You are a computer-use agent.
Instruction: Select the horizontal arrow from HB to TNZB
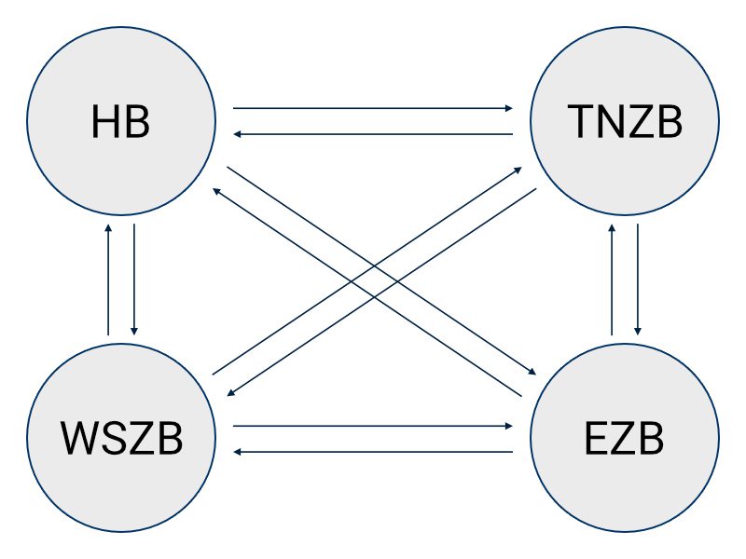point(373,108)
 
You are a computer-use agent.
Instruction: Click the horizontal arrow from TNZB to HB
point(373,135)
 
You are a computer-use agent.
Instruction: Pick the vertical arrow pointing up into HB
point(109,279)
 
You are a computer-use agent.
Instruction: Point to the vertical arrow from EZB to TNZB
point(612,279)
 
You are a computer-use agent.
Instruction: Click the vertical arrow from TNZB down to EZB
point(638,279)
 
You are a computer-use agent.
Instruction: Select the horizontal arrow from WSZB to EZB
point(373,426)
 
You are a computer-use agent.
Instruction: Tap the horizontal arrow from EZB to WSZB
point(373,452)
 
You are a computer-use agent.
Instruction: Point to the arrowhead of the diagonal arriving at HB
point(217,190)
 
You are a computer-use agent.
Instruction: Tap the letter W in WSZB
point(78,438)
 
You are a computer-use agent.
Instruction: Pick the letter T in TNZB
point(578,122)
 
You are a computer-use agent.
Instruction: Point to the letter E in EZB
point(598,438)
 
